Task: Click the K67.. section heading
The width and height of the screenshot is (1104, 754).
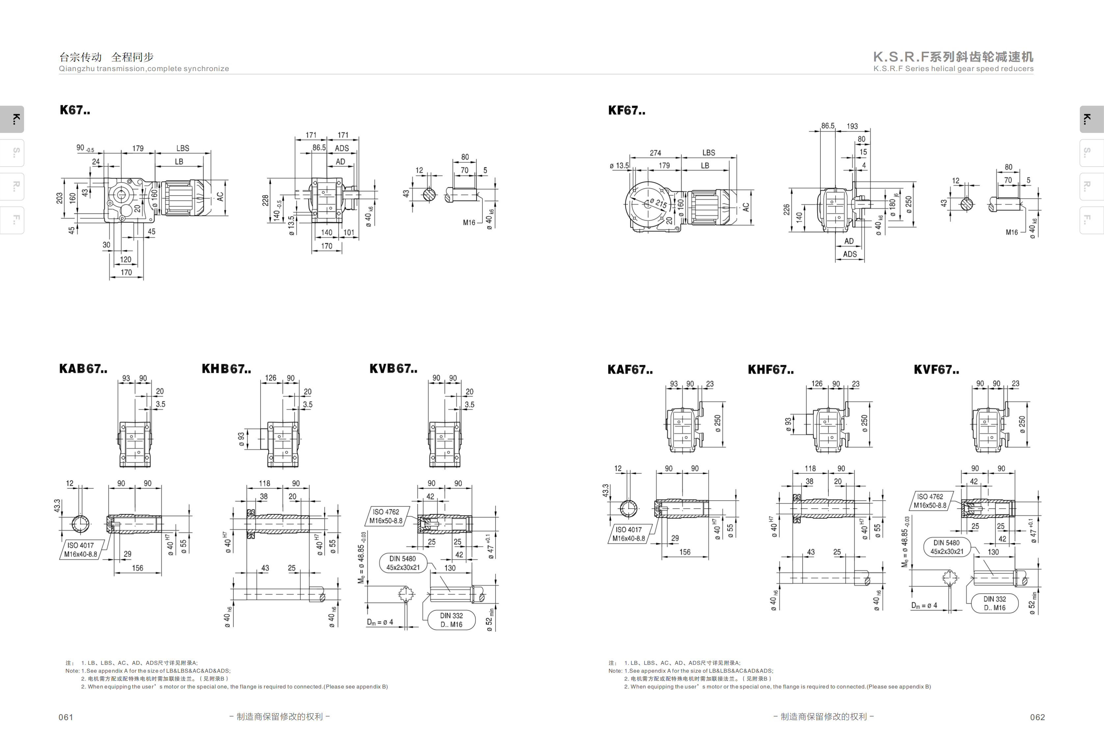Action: pyautogui.click(x=75, y=110)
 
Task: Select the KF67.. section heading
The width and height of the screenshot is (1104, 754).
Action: pyautogui.click(x=627, y=111)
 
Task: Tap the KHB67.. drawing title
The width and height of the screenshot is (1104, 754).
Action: pyautogui.click(x=226, y=369)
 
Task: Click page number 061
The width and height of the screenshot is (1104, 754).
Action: pyautogui.click(x=66, y=717)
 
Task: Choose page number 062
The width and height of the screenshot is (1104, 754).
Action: pyautogui.click(x=1038, y=717)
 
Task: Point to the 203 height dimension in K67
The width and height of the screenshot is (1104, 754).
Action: pyautogui.click(x=59, y=198)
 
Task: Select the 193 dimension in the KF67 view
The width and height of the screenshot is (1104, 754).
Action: pyautogui.click(x=852, y=126)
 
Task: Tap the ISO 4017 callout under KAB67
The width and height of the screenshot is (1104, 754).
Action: pyautogui.click(x=81, y=550)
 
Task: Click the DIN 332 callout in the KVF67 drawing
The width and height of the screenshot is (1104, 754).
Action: pyautogui.click(x=994, y=603)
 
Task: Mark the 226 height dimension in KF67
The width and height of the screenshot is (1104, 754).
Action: pyautogui.click(x=787, y=210)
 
